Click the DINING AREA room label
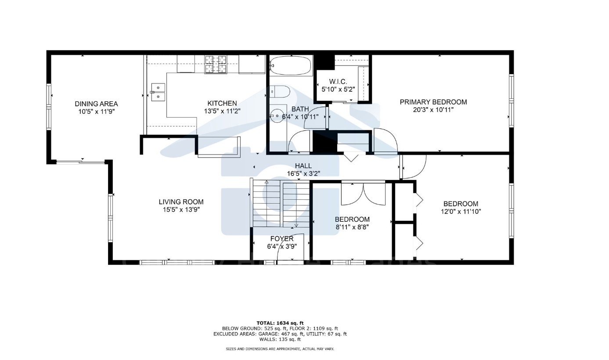coord(96,104)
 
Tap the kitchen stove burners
coord(215,64)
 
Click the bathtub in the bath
coord(290,66)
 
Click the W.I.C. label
coord(338,82)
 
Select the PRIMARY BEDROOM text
coord(433,102)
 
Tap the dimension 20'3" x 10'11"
coord(433,110)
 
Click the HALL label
coord(303,166)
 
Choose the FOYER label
coord(281,239)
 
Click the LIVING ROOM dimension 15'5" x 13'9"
coord(181,210)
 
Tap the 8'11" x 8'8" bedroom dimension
coord(352,227)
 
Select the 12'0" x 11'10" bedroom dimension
coord(461,212)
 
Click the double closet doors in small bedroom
coord(363,193)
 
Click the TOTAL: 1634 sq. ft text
coord(280,323)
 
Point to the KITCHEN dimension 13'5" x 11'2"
coord(222,111)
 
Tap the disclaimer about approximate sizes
coord(280,349)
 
